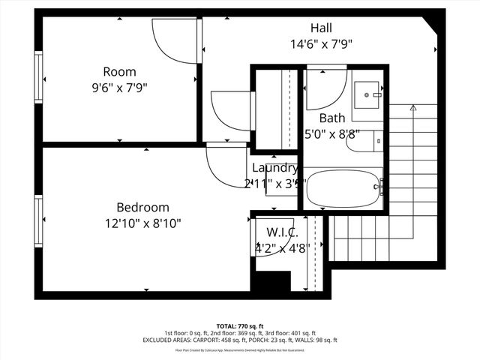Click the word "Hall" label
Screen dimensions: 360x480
tap(321, 28)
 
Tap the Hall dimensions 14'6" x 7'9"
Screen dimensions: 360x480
tap(321, 43)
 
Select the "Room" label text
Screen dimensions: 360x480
tap(119, 72)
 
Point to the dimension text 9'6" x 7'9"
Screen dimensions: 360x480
tap(119, 87)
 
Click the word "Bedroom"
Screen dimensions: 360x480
tap(142, 207)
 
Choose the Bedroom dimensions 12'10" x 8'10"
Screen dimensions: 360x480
tap(142, 223)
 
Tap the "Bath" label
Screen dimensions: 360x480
tap(332, 118)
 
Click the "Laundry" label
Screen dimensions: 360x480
tap(274, 168)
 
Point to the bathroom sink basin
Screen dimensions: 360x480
tap(367, 95)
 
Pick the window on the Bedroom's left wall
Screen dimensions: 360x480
tap(37, 222)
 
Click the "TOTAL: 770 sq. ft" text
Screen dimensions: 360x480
tap(240, 327)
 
